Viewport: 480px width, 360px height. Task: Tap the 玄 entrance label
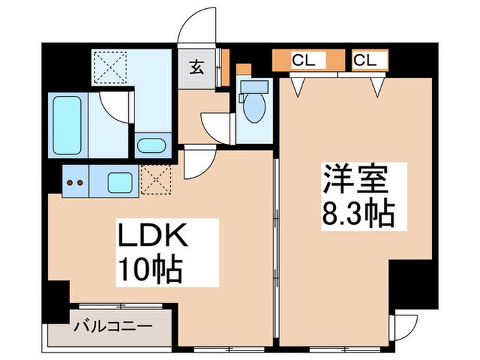196,68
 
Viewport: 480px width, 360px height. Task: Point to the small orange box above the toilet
243,70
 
